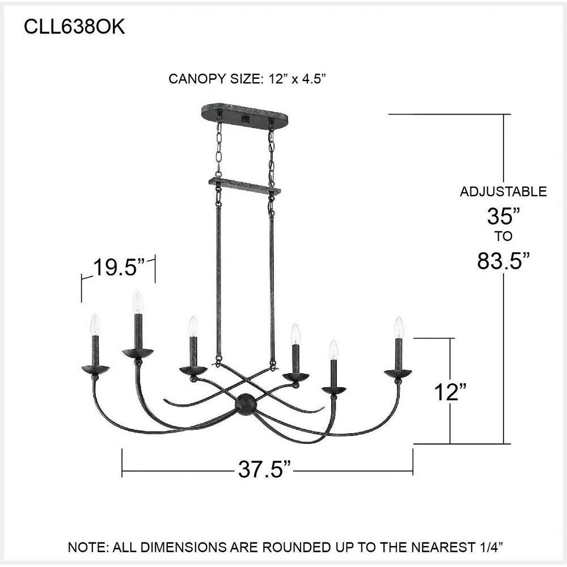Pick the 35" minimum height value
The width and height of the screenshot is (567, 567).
[503, 215]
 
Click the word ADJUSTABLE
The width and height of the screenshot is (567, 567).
[503, 192]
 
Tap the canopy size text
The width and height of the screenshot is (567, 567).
[248, 79]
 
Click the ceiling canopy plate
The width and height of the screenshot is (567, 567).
[244, 113]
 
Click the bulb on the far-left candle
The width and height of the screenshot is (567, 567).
[95, 325]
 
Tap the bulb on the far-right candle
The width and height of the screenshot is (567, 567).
[399, 328]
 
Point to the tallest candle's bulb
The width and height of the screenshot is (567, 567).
[137, 302]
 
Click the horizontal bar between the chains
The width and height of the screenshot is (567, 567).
[245, 185]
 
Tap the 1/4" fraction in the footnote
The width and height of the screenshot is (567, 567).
[489, 548]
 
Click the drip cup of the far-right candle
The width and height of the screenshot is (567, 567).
[397, 374]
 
